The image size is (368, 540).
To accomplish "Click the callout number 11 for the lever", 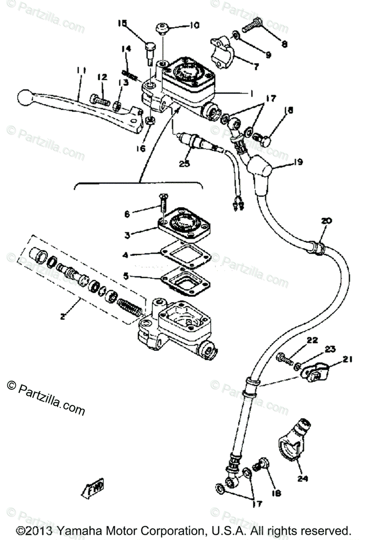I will tap(81, 70).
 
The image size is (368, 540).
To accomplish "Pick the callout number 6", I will tap(128, 214).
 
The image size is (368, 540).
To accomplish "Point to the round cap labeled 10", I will tap(162, 29).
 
